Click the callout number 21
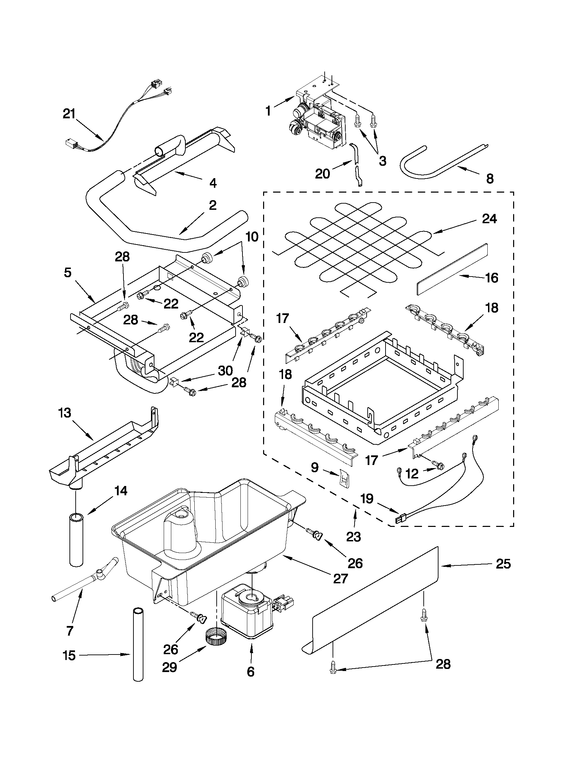[69, 114]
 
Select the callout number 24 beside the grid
[489, 219]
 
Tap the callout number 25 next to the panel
[503, 564]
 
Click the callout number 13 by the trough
[65, 413]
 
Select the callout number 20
[322, 174]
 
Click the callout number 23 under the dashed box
[354, 537]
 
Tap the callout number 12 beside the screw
[412, 474]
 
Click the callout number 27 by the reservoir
[340, 578]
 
